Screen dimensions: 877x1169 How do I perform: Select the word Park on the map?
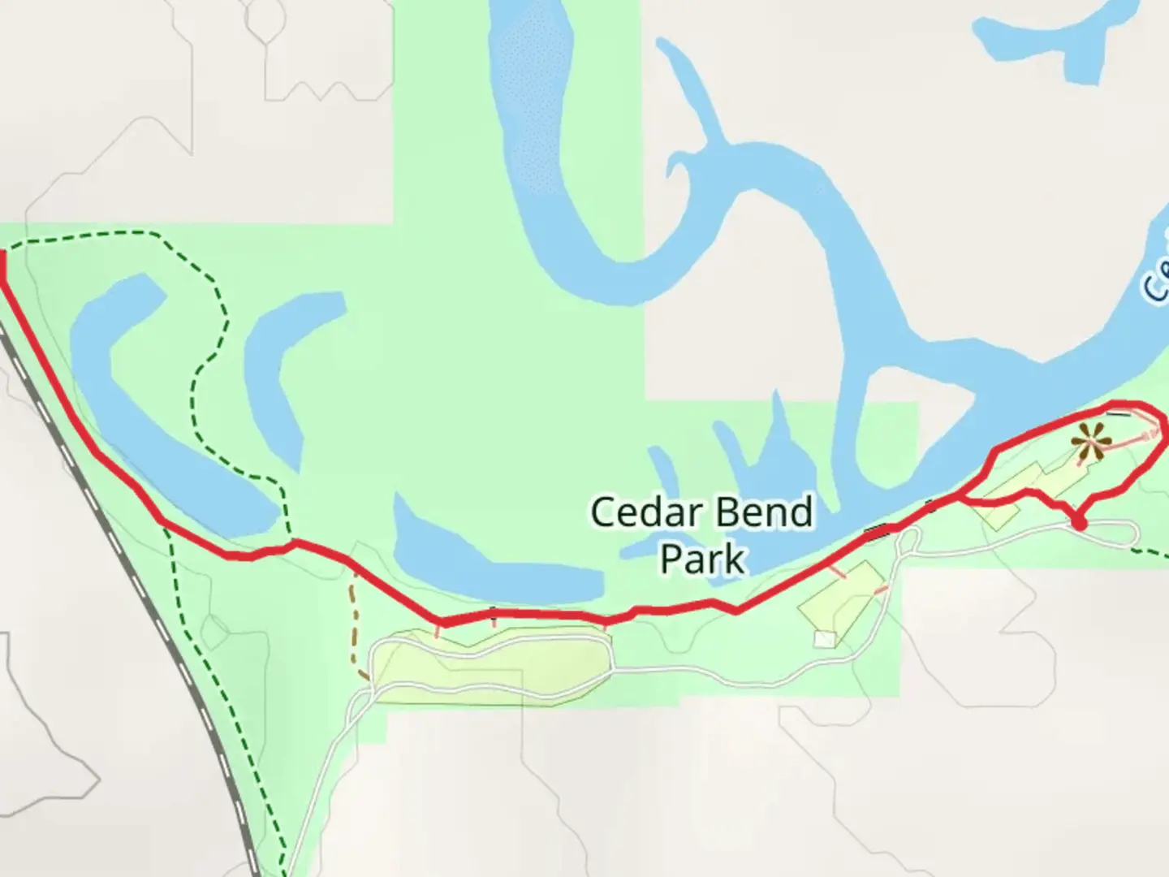click(702, 559)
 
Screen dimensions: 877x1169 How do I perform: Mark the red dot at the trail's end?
click(1079, 523)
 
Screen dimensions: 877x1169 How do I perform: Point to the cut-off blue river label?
click(1156, 280)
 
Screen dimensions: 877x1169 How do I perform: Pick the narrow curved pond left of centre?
click(284, 365)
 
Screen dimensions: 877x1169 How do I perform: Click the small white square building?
click(825, 640)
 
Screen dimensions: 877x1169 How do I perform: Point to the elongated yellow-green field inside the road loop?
click(487, 658)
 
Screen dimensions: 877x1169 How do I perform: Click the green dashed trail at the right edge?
click(1153, 554)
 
